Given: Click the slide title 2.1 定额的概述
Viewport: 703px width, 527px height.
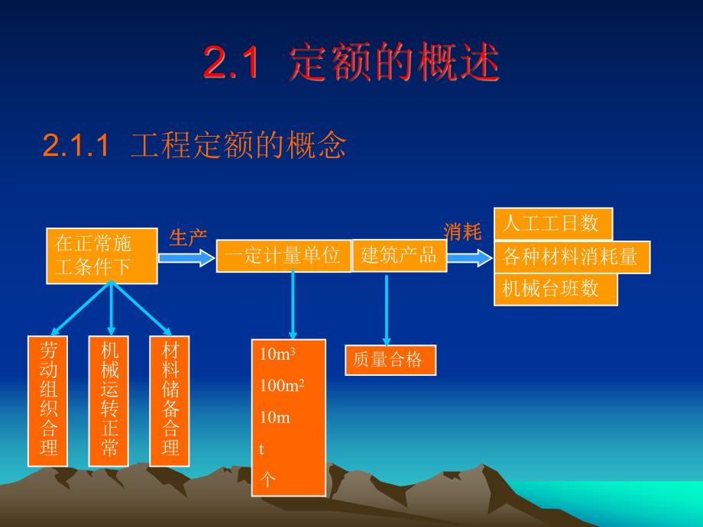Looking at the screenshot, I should (351, 63).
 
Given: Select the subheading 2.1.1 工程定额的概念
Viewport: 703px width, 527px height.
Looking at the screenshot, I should (195, 145).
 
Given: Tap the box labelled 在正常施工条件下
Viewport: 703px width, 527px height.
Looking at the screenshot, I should (102, 256).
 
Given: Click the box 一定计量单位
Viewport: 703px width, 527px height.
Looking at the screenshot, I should (283, 256).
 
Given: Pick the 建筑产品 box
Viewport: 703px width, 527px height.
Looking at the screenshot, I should (398, 255).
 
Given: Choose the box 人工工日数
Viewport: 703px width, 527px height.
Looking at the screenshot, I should (553, 224).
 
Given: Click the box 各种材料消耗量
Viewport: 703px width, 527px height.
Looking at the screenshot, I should (572, 257).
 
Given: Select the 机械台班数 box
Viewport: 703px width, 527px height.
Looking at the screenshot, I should (556, 289).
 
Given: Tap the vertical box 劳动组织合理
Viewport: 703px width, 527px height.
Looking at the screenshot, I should (48, 401).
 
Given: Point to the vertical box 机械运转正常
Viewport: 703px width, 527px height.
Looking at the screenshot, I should (109, 401).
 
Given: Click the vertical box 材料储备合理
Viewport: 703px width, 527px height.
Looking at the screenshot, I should (169, 401).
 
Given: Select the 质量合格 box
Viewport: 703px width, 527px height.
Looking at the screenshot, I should (390, 360).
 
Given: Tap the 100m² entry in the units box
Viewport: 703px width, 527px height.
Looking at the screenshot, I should (281, 386).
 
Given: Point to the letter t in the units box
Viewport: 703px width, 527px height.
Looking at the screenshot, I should (262, 450).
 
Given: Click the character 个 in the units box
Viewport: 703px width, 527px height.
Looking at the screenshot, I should (267, 480).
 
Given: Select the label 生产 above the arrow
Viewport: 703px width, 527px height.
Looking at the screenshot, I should (187, 238).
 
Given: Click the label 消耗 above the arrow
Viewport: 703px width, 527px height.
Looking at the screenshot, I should (462, 231).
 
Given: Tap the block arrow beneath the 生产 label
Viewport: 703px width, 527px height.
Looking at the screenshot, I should (186, 258).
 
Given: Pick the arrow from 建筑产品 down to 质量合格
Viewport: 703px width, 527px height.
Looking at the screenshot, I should (387, 310).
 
